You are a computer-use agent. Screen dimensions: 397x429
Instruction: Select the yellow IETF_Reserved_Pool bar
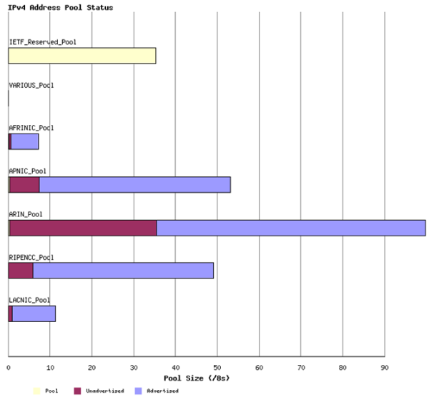coord(82,56)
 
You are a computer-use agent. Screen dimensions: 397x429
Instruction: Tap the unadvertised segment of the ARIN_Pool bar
coord(82,228)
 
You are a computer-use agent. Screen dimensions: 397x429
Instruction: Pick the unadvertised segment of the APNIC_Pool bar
coord(24,185)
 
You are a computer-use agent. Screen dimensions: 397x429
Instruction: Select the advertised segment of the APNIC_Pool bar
coord(134,185)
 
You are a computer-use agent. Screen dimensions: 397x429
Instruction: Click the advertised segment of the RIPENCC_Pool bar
coord(123,271)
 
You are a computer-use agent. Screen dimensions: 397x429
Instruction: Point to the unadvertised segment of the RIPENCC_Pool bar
coord(21,271)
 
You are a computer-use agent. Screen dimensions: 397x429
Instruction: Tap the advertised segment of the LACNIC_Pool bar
coord(34,313)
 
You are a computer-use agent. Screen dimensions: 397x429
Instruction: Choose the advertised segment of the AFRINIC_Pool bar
coord(25,141)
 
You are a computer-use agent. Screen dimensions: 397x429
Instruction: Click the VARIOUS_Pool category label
coord(31,85)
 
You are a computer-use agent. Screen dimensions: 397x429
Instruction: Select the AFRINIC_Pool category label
coord(31,128)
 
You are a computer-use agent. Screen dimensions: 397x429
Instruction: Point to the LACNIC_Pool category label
coord(31,300)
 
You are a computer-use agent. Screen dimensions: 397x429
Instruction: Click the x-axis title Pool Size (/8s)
coord(197,377)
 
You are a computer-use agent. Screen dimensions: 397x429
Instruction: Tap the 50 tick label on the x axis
coord(217,368)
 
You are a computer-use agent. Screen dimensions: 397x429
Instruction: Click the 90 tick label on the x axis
coord(385,368)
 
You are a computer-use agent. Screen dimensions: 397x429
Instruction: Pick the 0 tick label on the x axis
coord(9,368)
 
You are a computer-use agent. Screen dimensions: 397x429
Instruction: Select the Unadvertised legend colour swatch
coord(77,391)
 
